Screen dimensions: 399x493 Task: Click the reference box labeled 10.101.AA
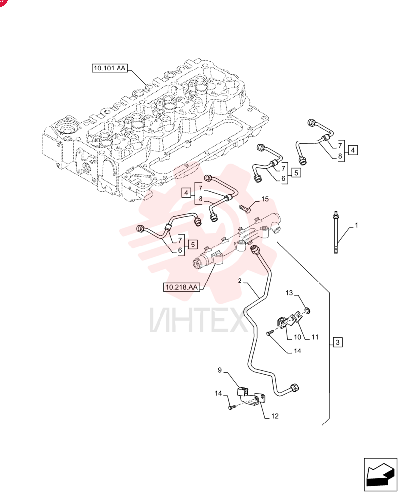(110, 68)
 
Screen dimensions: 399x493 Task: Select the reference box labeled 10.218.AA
(181, 287)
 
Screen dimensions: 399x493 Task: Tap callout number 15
(265, 199)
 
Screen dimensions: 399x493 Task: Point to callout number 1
(356, 225)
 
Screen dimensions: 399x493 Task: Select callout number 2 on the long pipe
(239, 281)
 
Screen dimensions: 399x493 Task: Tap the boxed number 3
(338, 342)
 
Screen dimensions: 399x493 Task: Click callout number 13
(289, 293)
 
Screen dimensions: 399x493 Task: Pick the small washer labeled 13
(308, 311)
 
